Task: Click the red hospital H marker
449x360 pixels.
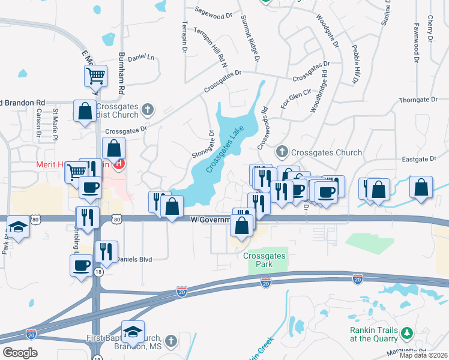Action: (119, 163)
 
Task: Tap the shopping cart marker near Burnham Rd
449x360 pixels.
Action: (95, 76)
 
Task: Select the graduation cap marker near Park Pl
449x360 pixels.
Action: (17, 227)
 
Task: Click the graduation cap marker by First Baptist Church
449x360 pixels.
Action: (133, 331)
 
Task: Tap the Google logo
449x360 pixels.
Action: (20, 352)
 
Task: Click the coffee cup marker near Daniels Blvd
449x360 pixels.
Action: (81, 265)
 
